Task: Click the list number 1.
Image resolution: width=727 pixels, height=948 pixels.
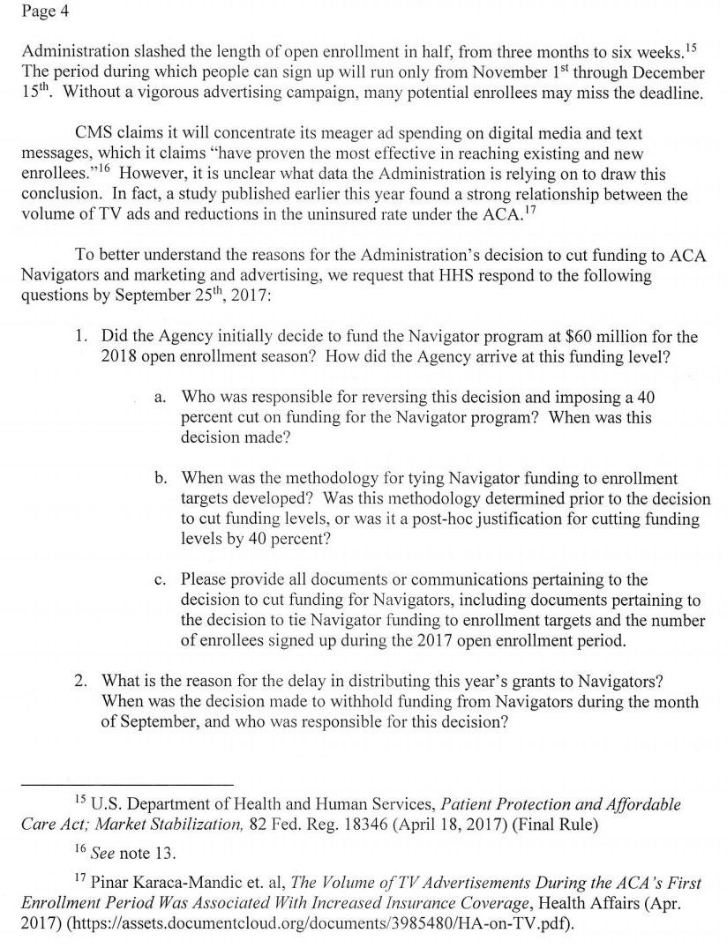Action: click(x=81, y=336)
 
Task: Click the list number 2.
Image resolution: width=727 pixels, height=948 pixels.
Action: click(x=81, y=682)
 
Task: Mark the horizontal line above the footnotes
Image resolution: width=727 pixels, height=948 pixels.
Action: click(x=127, y=784)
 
